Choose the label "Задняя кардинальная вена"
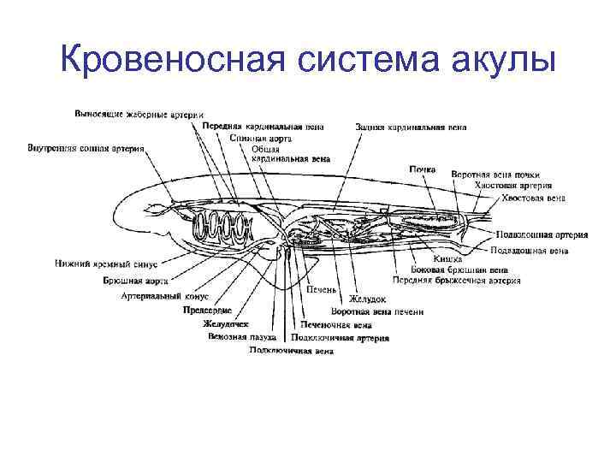[x=411, y=127]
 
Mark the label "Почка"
[x=423, y=169]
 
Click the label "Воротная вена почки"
[x=495, y=174]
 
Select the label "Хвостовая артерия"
[x=511, y=185]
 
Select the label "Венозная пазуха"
[x=237, y=336]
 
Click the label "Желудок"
[x=367, y=299]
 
